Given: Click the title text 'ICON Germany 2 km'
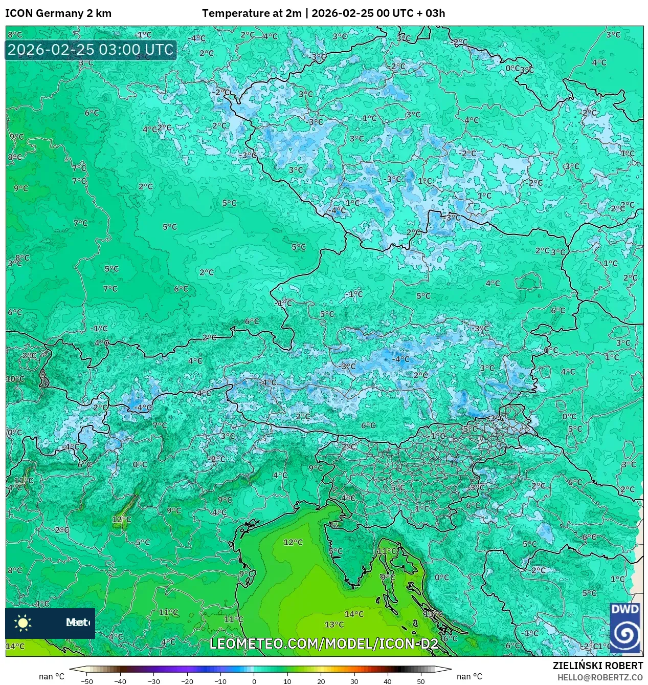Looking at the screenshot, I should pos(58,13).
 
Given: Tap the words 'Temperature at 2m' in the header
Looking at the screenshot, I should pos(252,13).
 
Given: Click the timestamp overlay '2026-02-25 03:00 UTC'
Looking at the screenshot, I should pos(91,50).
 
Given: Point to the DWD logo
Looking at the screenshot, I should pos(625,628).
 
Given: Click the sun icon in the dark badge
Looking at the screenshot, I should pos(23,623).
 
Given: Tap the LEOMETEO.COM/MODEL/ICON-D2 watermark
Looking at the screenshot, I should pos(324,644).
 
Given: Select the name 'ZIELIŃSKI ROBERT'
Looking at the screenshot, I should pos(597,666).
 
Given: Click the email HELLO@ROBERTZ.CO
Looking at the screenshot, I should pos(600,677).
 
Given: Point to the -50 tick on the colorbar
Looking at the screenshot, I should pos(87,681).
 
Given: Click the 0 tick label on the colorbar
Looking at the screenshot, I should pos(254,681).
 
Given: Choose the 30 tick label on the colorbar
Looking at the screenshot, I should pos(354,681).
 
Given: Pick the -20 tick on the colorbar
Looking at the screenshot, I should pos(187,681).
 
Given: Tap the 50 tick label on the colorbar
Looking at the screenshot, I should pos(421,681).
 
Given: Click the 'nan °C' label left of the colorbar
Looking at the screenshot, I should pos(52,677).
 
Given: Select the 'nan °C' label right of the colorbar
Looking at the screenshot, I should pos(469,677).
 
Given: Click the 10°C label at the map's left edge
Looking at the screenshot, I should pos(15,379).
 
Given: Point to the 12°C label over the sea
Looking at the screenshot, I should pos(293,542).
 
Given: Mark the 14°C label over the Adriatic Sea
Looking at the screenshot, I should pos(354,614).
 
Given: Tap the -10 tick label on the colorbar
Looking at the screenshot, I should pos(220,681).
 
